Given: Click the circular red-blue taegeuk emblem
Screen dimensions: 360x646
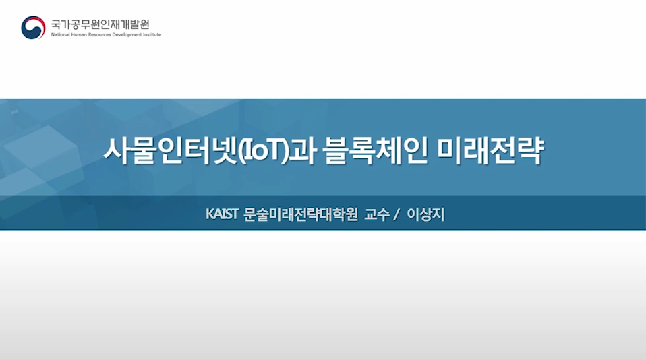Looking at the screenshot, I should pos(33,28).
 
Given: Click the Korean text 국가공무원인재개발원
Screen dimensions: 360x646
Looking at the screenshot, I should pos(100,24).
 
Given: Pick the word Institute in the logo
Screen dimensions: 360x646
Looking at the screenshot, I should pos(153,35).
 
